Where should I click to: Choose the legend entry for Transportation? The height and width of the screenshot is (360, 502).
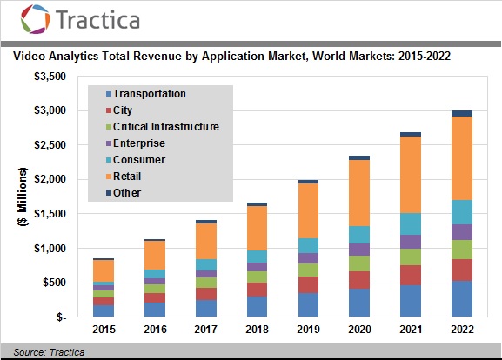[x=149, y=93]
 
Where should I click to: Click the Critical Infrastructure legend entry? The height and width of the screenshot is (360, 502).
[x=165, y=126]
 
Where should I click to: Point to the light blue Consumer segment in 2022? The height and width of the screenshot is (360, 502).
[x=461, y=212]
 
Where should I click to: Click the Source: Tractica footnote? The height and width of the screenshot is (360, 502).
[x=43, y=352]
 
